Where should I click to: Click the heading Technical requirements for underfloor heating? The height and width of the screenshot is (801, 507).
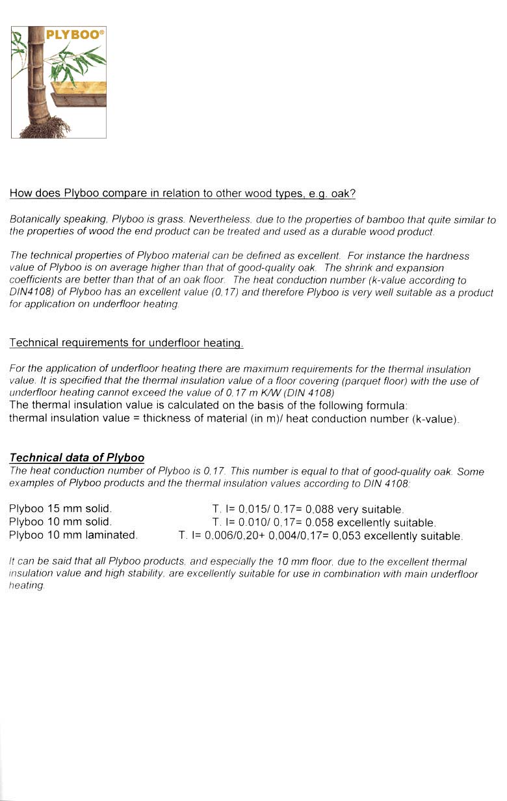[x=126, y=343]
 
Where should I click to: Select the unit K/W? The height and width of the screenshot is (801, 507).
[x=263, y=393]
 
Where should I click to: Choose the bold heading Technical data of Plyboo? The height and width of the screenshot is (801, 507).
[x=77, y=458]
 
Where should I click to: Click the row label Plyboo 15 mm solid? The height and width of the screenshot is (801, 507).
[x=60, y=508]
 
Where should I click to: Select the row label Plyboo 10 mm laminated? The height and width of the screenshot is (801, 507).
[x=73, y=535]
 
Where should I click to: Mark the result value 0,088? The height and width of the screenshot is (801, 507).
[x=319, y=509]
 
